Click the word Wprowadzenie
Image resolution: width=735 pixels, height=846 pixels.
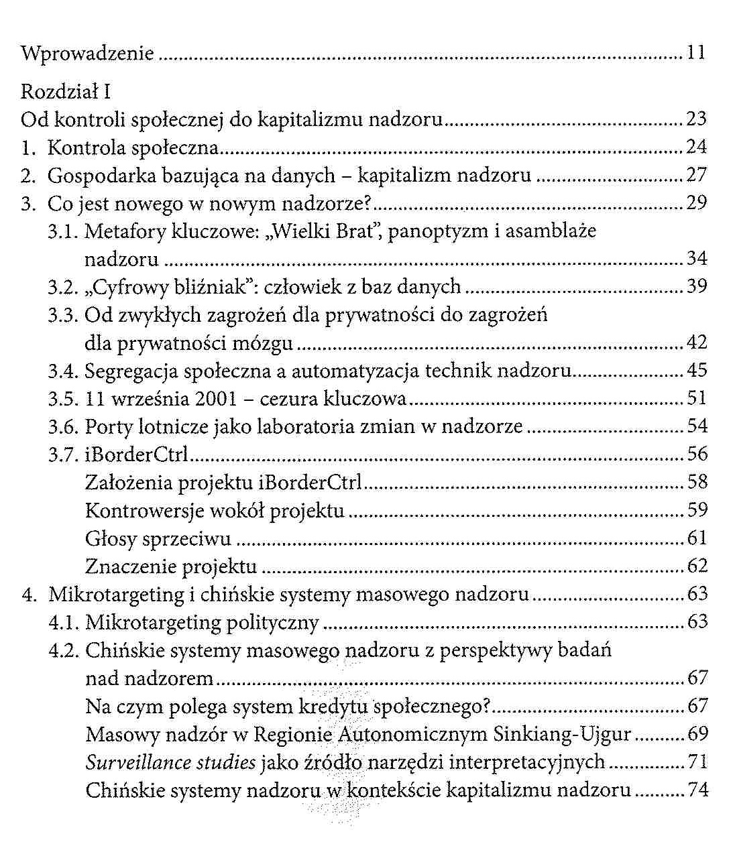87,54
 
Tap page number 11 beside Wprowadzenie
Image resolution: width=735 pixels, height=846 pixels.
696,54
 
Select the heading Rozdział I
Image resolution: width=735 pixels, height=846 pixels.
60,91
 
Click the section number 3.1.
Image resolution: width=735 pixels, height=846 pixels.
64,231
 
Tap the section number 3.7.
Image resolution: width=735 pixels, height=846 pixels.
64,455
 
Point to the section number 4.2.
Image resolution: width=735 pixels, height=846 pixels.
64,650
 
